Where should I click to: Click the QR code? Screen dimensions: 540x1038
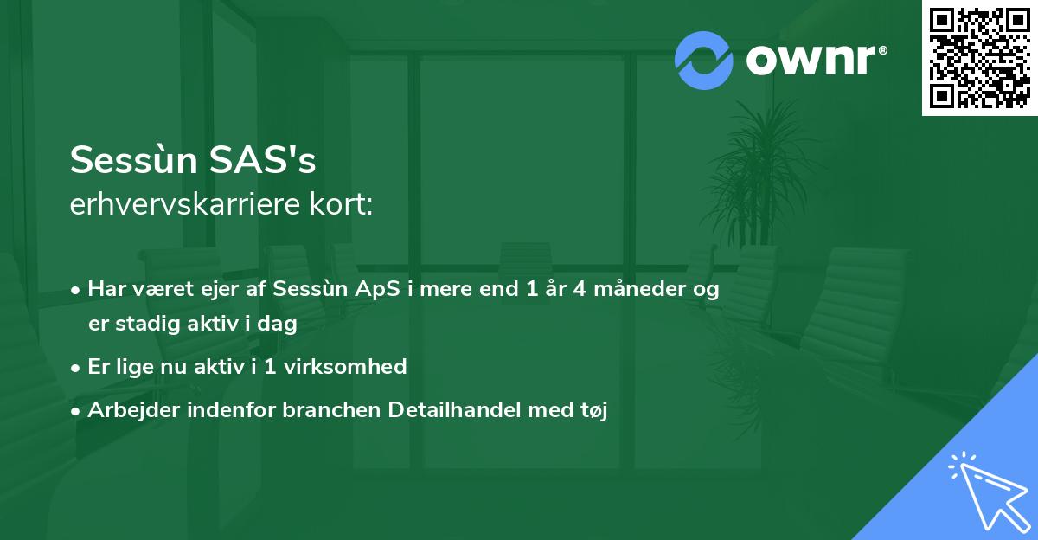click(980, 57)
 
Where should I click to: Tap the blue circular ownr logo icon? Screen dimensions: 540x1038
click(704, 60)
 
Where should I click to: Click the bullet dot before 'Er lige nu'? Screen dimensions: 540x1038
click(77, 367)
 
